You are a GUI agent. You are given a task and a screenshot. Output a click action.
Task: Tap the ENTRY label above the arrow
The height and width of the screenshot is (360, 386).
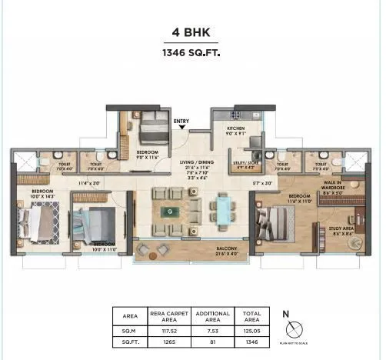(181, 121)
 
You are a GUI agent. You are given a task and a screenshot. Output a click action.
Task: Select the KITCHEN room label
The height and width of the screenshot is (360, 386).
(235, 129)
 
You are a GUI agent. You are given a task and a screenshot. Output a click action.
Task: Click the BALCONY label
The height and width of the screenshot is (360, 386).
(193, 249)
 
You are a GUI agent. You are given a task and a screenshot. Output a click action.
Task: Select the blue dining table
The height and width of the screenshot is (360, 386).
(223, 208)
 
